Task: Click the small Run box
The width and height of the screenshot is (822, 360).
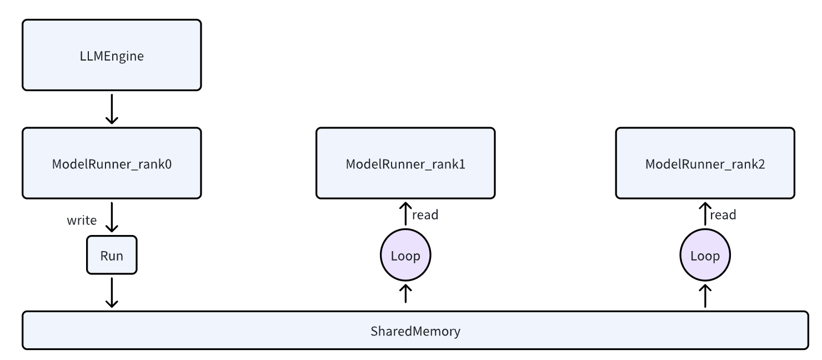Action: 112,256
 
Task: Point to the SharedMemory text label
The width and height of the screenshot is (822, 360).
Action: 415,331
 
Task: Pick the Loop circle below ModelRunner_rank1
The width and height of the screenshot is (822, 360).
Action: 405,256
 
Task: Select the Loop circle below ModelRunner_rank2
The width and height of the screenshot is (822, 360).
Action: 705,256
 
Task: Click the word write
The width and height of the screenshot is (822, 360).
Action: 82,221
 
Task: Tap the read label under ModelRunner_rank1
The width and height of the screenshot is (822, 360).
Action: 425,215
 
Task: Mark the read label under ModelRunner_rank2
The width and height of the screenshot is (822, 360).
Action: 723,215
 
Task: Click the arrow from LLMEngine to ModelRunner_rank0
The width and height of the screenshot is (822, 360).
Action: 112,109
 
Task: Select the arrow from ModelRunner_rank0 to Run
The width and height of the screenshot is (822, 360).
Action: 112,217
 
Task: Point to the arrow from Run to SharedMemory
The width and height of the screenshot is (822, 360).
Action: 112,292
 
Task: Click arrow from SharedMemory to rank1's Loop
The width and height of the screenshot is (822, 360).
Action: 405,293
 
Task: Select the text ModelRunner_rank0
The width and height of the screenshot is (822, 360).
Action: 111,164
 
